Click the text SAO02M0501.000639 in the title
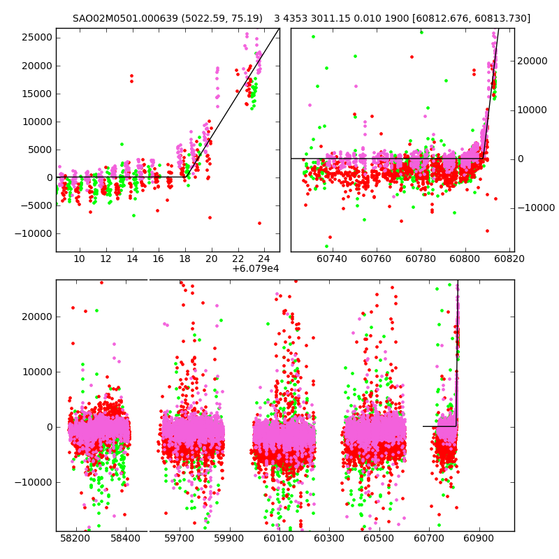[117, 18]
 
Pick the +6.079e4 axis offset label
[256, 268]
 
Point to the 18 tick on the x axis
[185, 259]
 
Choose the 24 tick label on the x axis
[264, 259]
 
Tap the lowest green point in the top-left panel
[133, 216]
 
